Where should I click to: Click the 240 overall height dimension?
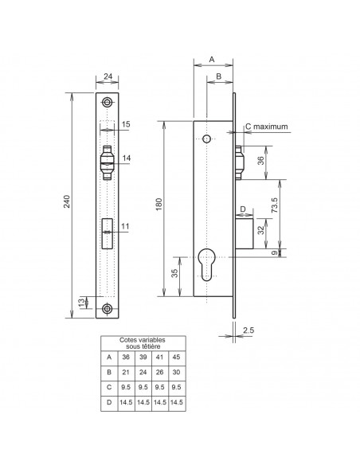67,201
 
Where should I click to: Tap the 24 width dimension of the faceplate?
108,76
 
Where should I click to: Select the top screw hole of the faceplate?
107,102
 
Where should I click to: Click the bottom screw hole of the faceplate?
107,309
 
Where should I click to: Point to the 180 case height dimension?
158,204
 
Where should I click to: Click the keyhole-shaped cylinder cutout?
206,264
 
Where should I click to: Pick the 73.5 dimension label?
274,205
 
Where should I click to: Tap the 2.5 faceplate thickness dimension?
248,330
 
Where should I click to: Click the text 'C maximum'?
267,127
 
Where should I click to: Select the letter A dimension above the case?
212,59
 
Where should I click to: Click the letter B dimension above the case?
219,76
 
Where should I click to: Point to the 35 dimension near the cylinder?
175,273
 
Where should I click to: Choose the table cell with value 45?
176,357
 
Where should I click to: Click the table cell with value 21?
126,372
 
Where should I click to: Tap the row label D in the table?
109,402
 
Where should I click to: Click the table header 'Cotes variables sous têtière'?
143,343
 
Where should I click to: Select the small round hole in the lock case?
206,139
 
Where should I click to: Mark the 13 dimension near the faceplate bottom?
81,303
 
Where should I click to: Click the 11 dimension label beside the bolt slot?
125,226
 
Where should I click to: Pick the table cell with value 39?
143,357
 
